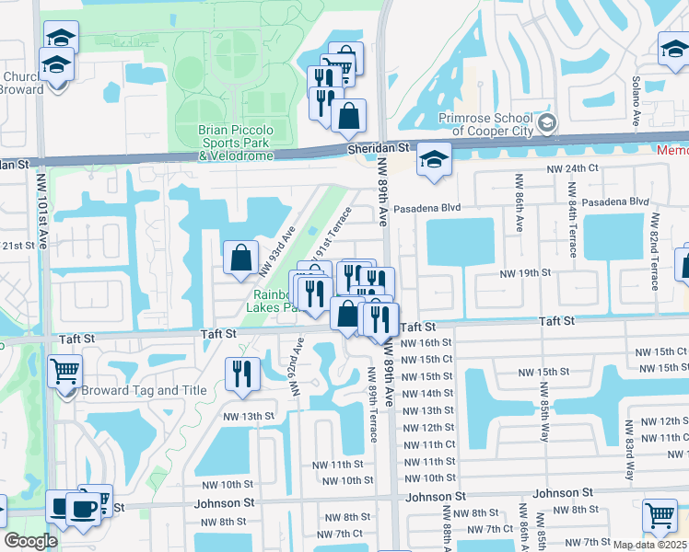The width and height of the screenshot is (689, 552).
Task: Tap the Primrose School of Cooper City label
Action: [485, 124]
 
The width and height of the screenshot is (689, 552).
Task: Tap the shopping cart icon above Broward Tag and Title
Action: [65, 373]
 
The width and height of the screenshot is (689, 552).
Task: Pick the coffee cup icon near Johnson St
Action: [83, 507]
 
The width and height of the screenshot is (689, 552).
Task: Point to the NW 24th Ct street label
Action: [572, 169]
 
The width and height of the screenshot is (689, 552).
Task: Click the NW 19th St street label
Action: [524, 273]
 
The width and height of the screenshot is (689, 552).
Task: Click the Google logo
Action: [31, 541]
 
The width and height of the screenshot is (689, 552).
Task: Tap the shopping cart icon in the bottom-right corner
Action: [660, 516]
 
